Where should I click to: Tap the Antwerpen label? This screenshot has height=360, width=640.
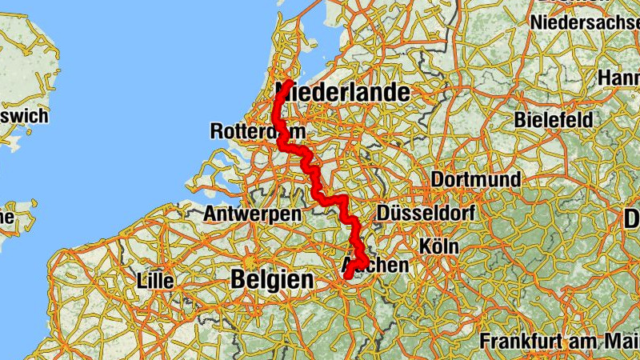pos(252,214)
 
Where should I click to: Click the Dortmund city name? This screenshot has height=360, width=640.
pos(476,179)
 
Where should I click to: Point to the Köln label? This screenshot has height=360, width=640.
pos(438,246)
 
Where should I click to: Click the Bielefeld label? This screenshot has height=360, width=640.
pos(554,119)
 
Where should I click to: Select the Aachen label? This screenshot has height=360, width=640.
pos(375,265)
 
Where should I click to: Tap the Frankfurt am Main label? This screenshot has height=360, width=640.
pos(559,341)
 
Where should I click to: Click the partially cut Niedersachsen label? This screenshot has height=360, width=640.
pos(588,21)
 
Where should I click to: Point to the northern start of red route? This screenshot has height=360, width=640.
pos(287,82)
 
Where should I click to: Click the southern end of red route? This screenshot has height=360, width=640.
pos(349,277)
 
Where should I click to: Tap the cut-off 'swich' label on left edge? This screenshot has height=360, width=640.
pos(24,116)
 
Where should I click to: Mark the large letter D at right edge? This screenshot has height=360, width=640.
pos(632,218)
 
